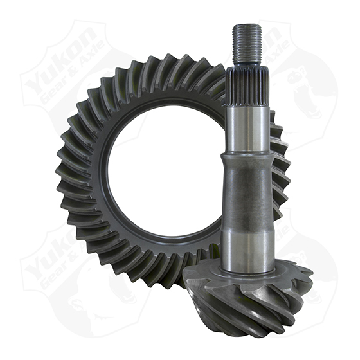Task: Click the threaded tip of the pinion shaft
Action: (248, 45)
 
